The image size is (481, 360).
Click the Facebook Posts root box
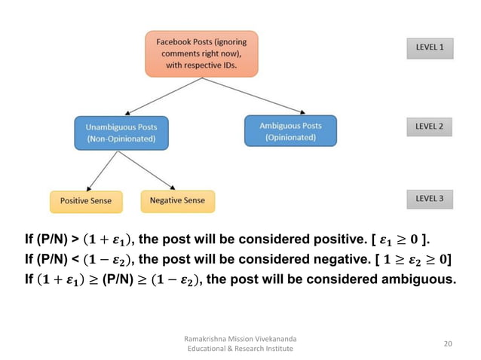pos(202,54)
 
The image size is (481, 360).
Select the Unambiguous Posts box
pos(121,132)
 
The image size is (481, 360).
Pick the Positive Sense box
pos(86,201)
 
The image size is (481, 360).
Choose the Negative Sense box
pos(177,200)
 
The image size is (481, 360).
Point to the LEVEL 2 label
pos(429,127)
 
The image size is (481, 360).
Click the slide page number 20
pos(448,343)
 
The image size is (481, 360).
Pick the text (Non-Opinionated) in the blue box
pos(121,139)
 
